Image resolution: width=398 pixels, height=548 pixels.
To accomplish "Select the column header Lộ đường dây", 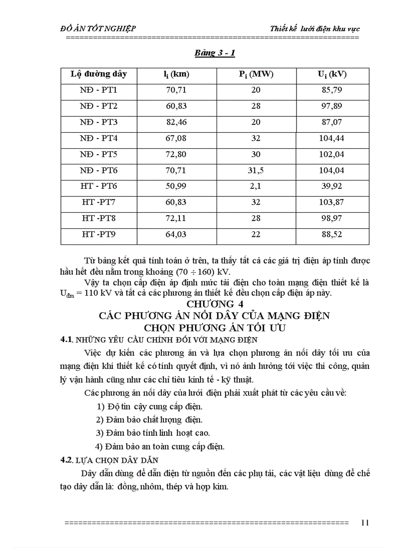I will [99, 74].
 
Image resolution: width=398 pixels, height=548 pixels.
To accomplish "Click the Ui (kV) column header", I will [331, 74].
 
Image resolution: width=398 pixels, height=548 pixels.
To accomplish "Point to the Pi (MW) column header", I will [256, 74].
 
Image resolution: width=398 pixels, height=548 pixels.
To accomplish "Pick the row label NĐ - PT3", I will [99, 122].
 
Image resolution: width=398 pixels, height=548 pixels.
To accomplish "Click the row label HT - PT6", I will [99, 186].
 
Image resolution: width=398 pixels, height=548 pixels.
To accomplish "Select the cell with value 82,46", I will [176, 122].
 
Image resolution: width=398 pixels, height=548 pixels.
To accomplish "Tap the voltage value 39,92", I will [331, 186].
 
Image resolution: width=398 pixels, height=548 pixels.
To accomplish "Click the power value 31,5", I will [256, 170].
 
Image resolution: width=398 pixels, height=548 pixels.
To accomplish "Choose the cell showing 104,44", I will [331, 138].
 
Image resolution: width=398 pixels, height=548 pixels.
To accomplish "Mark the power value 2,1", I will [256, 186].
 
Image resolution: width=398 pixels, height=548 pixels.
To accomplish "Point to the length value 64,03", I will [176, 235].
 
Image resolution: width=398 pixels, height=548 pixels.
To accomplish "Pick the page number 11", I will [365, 523].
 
